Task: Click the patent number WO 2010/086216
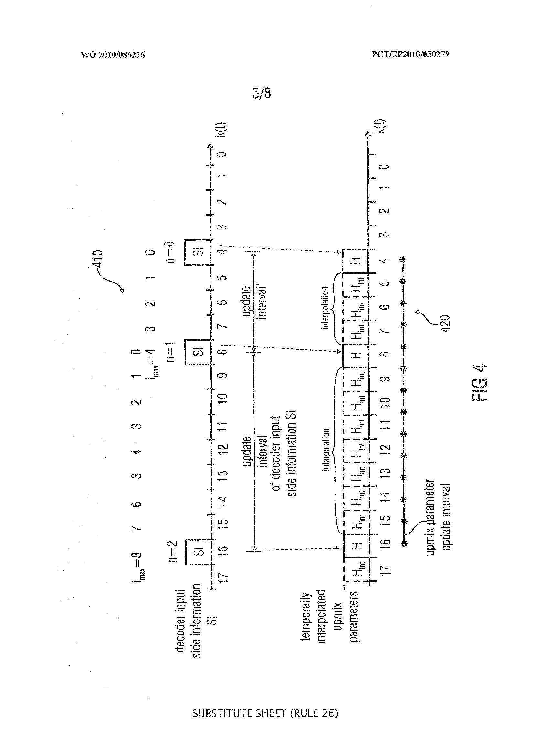[113, 55]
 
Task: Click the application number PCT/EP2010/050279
[410, 54]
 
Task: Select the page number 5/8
[261, 93]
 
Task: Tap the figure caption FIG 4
[479, 383]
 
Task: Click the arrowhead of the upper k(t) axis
[210, 147]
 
